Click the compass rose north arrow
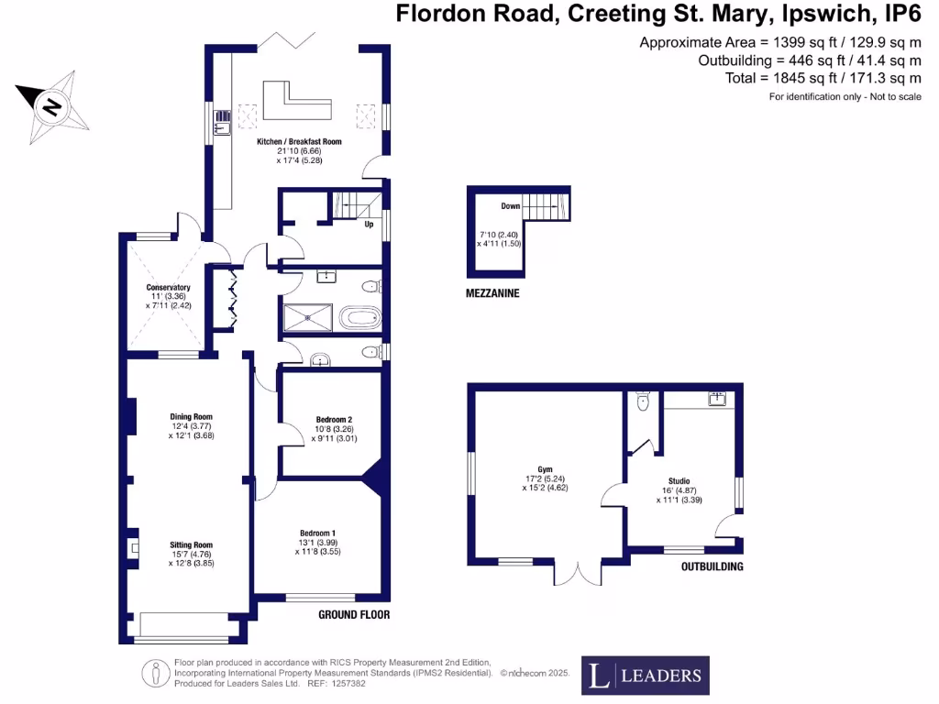(52, 106)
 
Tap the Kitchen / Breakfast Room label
(299, 142)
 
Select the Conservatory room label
(168, 287)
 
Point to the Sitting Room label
(191, 544)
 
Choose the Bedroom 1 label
(317, 533)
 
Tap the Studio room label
(679, 479)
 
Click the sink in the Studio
(716, 399)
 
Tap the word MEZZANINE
(493, 293)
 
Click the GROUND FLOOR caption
(354, 614)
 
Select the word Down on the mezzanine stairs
(511, 206)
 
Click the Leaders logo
(645, 676)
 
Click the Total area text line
(823, 78)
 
